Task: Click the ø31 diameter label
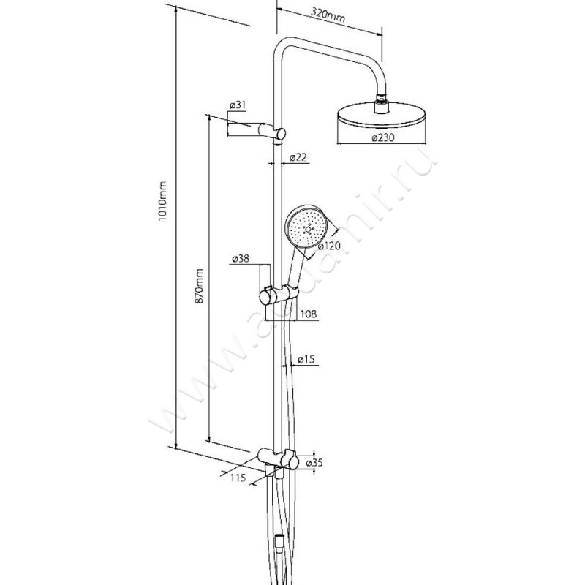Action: [x=237, y=106]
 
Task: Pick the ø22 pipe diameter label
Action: [x=297, y=158]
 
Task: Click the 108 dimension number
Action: [x=308, y=314]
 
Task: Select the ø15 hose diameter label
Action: [x=306, y=361]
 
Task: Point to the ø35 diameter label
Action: [x=314, y=463]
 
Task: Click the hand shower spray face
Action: [x=305, y=227]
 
